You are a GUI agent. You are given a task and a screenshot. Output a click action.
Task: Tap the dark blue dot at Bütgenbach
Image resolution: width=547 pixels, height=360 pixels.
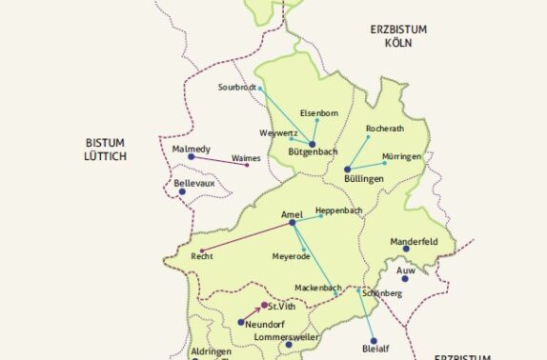(312, 143)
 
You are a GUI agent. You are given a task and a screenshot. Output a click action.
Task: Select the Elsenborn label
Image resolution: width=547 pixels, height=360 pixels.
(319, 113)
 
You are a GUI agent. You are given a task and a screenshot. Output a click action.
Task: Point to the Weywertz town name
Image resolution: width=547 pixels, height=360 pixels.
(278, 132)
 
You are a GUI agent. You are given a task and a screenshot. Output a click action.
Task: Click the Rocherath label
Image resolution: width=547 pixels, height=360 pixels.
(386, 127)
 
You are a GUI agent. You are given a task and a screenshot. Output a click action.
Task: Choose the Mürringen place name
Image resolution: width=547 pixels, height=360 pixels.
(401, 156)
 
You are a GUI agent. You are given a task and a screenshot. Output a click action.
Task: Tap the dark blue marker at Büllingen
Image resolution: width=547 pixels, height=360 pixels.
(348, 170)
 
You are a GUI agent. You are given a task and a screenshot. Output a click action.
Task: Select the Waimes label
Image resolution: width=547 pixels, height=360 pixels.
(246, 158)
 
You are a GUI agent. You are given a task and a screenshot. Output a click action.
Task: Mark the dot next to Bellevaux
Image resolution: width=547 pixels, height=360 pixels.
(182, 191)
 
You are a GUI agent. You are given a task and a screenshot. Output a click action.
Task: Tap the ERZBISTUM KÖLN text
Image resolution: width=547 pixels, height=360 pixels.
(398, 36)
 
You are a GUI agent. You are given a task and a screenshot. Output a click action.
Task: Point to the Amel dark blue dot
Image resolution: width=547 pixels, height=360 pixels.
(292, 223)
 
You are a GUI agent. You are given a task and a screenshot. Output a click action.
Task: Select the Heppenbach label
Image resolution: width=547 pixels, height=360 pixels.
(338, 210)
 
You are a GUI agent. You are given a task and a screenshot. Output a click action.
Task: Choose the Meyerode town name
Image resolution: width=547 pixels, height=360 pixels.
(292, 256)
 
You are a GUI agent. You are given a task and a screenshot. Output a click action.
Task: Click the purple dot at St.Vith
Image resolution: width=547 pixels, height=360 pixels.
(264, 306)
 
